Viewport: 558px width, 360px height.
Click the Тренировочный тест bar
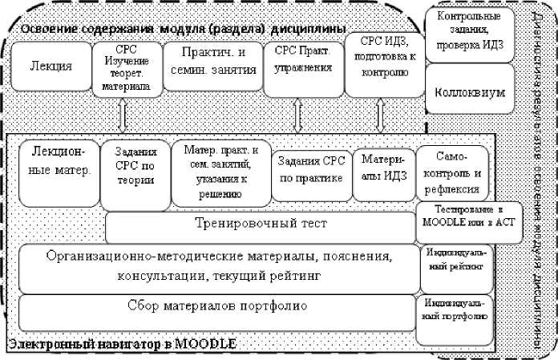tap(258, 225)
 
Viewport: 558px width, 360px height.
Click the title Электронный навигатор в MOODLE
tap(120, 344)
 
